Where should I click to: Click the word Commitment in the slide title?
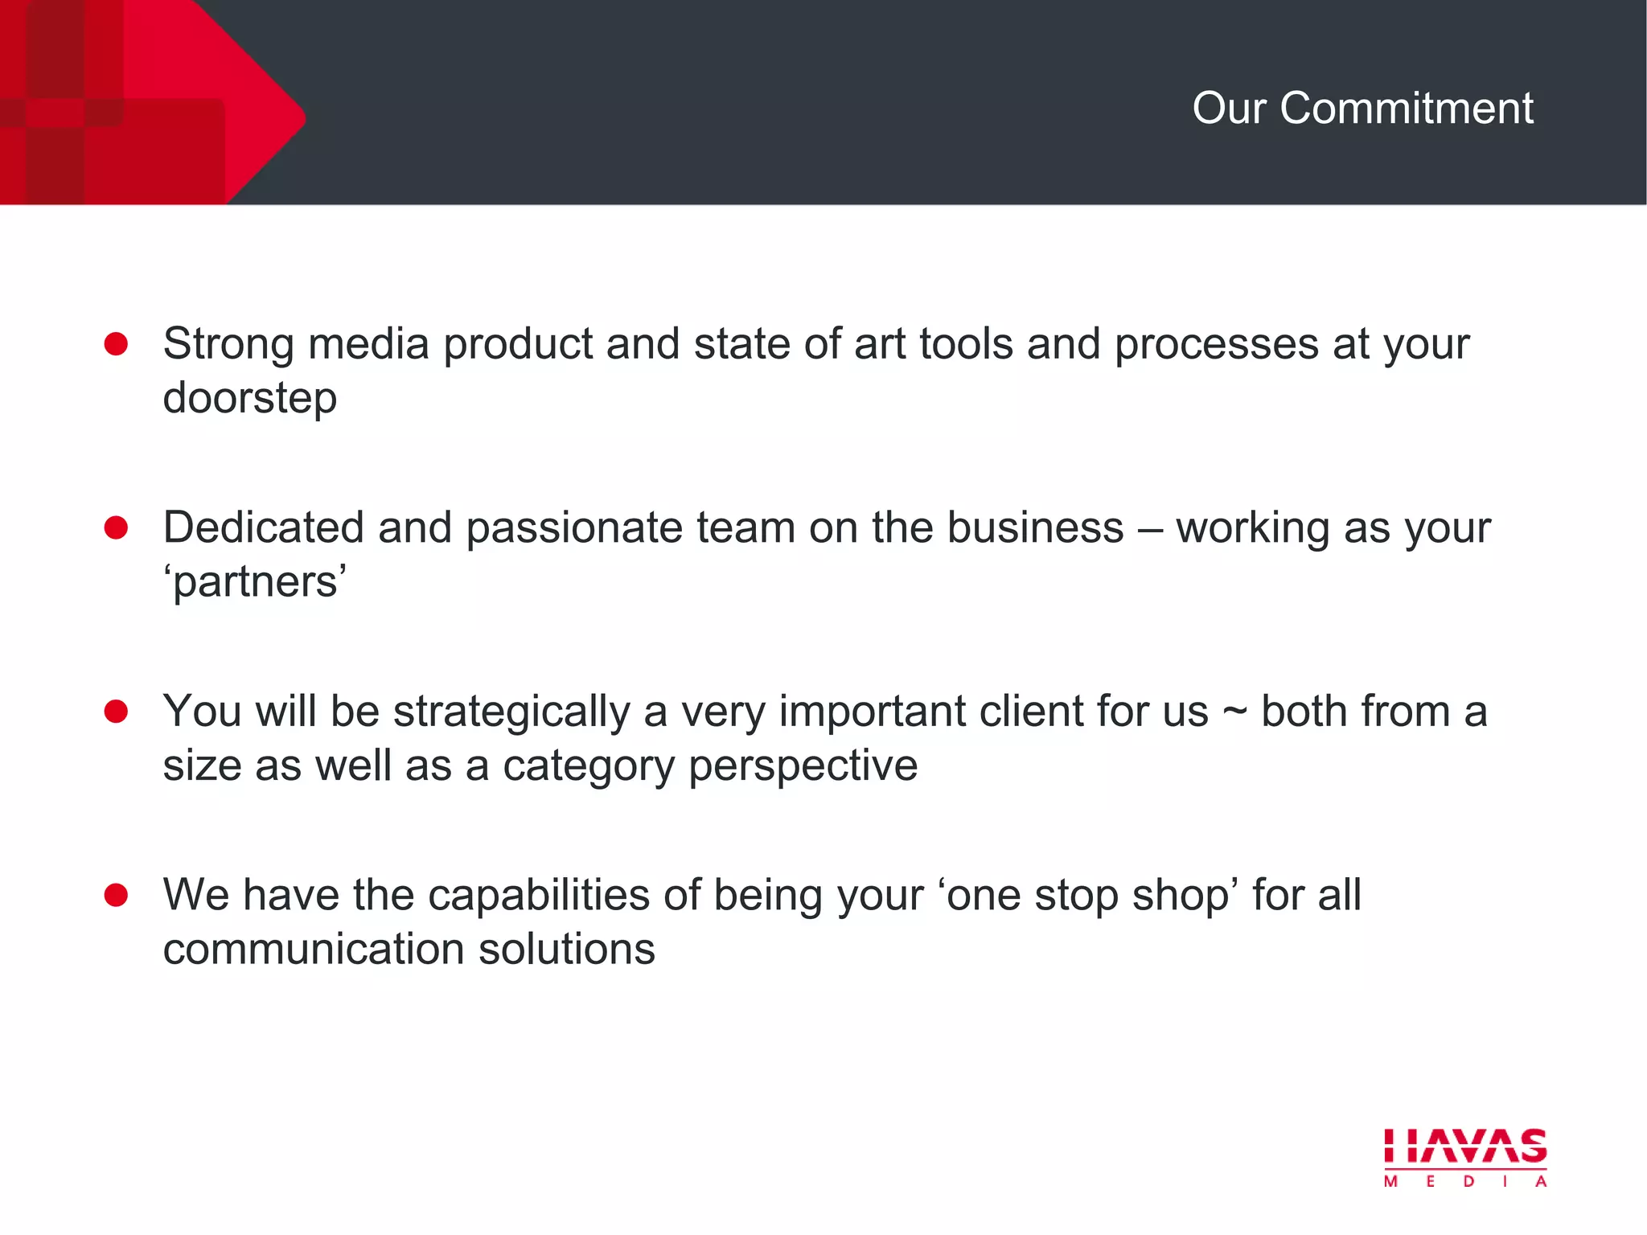1407,108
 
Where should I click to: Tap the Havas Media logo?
1465,1157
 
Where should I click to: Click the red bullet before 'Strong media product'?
117,344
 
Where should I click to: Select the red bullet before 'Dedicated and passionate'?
117,527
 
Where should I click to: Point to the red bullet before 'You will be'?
117,712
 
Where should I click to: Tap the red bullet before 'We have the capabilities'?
117,895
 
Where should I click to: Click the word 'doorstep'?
250,399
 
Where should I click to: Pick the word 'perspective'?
803,766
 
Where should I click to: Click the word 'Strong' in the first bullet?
228,345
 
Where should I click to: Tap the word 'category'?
589,766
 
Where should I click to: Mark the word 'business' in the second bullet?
1035,528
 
